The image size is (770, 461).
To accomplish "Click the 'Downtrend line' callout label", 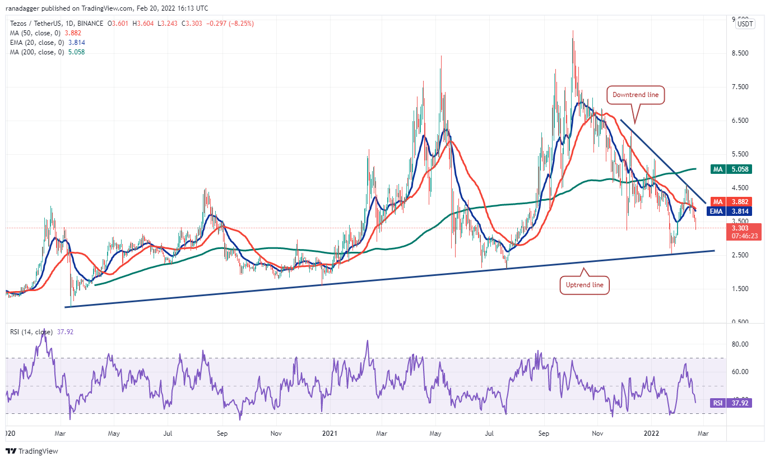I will (636, 95).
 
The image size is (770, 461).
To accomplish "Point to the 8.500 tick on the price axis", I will (744, 53).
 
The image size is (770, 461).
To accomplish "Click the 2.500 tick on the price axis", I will (744, 255).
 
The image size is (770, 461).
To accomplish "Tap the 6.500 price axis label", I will (744, 121).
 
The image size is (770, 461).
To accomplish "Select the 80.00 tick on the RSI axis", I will (744, 344).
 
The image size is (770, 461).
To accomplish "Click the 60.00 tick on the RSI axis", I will (744, 372).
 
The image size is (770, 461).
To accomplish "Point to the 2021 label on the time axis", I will (330, 434).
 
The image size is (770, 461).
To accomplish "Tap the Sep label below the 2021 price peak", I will (543, 434).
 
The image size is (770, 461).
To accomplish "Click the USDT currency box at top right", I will (745, 24).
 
